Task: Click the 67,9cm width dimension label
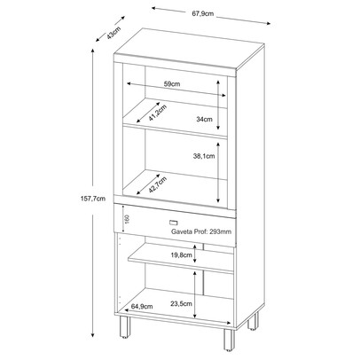(x=188, y=15)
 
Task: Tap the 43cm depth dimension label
(x=112, y=34)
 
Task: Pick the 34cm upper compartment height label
(x=203, y=117)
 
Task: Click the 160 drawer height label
(x=127, y=219)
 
